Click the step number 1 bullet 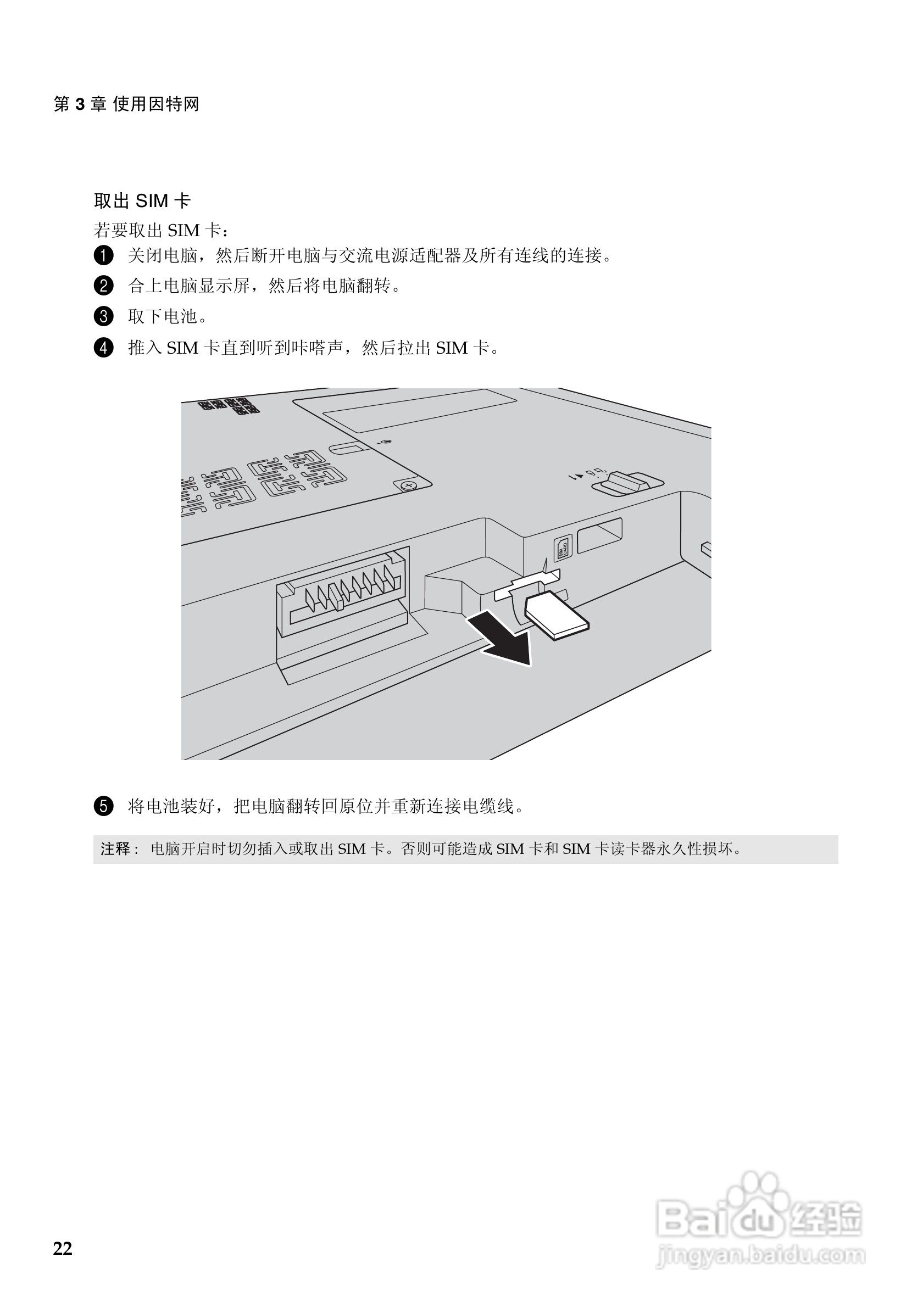[x=103, y=255]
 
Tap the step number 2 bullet [x=103, y=285]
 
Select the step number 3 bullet [x=103, y=316]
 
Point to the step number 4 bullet [x=103, y=347]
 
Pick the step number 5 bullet [x=103, y=806]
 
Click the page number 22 [x=63, y=1248]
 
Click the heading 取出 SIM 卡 [x=142, y=200]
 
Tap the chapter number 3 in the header [x=80, y=104]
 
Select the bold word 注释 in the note [x=115, y=849]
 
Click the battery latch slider [x=626, y=484]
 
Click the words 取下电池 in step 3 [x=163, y=316]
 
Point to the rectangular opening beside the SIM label [x=599, y=535]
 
